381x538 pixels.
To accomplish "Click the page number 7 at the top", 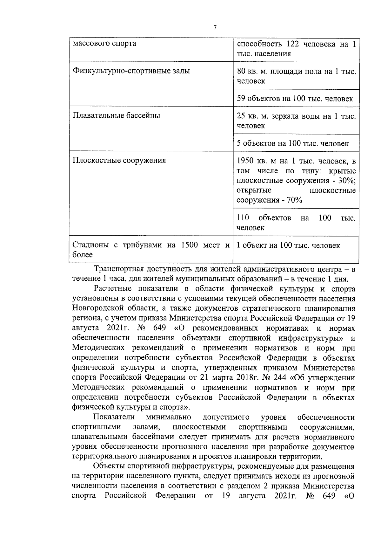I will [x=215, y=28].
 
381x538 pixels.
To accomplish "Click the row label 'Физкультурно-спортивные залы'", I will [x=131, y=71].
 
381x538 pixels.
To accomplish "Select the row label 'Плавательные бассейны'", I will [x=116, y=115].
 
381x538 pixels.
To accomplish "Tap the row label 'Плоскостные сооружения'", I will [x=119, y=160].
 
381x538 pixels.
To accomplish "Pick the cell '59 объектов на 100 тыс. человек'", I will [x=295, y=99].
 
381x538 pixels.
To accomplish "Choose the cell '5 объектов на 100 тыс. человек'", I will [x=293, y=143].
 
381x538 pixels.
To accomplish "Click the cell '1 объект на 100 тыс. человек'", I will [x=288, y=245].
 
